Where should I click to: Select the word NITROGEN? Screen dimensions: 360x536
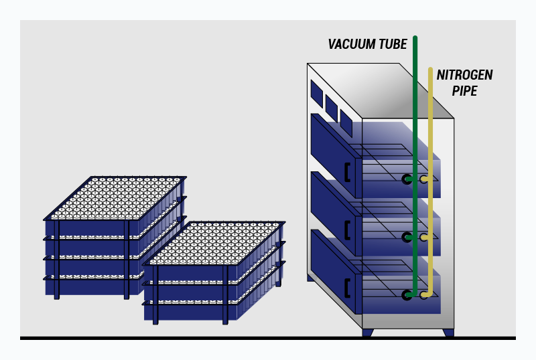[465, 75]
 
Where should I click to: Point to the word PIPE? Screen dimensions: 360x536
[464, 91]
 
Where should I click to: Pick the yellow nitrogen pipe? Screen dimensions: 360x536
[430, 120]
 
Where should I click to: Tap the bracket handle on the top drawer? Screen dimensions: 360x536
[347, 172]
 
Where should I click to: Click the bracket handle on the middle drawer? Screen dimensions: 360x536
[347, 230]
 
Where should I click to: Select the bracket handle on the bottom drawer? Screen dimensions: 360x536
[347, 288]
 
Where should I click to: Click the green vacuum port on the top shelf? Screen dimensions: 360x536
[407, 179]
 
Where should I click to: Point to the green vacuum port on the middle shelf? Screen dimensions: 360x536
[407, 237]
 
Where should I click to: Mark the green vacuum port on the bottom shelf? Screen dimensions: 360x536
[407, 294]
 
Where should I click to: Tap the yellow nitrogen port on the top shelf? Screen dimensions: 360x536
[423, 179]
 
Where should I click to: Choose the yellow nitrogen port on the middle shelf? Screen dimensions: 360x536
[423, 237]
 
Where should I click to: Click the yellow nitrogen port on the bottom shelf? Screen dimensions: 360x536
[423, 294]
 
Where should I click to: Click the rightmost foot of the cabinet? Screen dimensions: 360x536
[448, 332]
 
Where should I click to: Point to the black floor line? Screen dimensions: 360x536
[268, 338]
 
